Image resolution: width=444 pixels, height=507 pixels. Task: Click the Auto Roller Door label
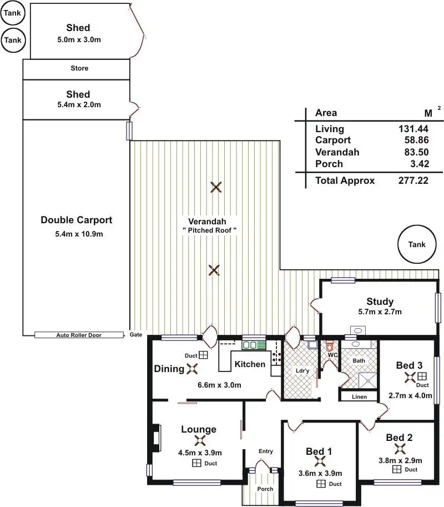coord(79,335)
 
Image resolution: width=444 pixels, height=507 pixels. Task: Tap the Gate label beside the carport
coord(136,335)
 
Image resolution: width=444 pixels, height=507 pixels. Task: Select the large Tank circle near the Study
coord(417,244)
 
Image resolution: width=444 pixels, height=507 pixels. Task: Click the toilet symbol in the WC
coord(329,345)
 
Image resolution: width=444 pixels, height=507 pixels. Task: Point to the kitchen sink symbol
coord(254,345)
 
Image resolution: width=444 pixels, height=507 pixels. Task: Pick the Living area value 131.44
coord(413,129)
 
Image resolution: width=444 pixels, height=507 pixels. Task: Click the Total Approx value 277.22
coord(413,180)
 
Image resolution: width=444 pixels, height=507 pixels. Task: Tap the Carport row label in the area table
coord(333,140)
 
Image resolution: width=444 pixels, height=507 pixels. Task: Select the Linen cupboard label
coord(359,396)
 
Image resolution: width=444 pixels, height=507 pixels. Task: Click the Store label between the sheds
coord(79,68)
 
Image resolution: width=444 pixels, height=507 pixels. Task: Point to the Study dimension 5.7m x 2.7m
coord(380,312)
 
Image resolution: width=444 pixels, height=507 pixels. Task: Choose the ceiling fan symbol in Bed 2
coord(400,449)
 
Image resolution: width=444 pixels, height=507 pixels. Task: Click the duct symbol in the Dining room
coord(203,355)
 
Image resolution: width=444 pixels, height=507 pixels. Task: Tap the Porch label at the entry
coord(265,489)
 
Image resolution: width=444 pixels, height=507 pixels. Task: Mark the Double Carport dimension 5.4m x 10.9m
coord(79,234)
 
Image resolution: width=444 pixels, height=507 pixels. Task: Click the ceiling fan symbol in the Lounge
coord(200,440)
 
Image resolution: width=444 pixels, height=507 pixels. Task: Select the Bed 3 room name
coord(409,365)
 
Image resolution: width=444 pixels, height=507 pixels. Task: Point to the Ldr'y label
coord(302,371)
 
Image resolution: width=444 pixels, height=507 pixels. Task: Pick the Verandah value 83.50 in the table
coord(416,152)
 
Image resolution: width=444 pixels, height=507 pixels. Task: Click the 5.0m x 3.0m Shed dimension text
coord(79,40)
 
